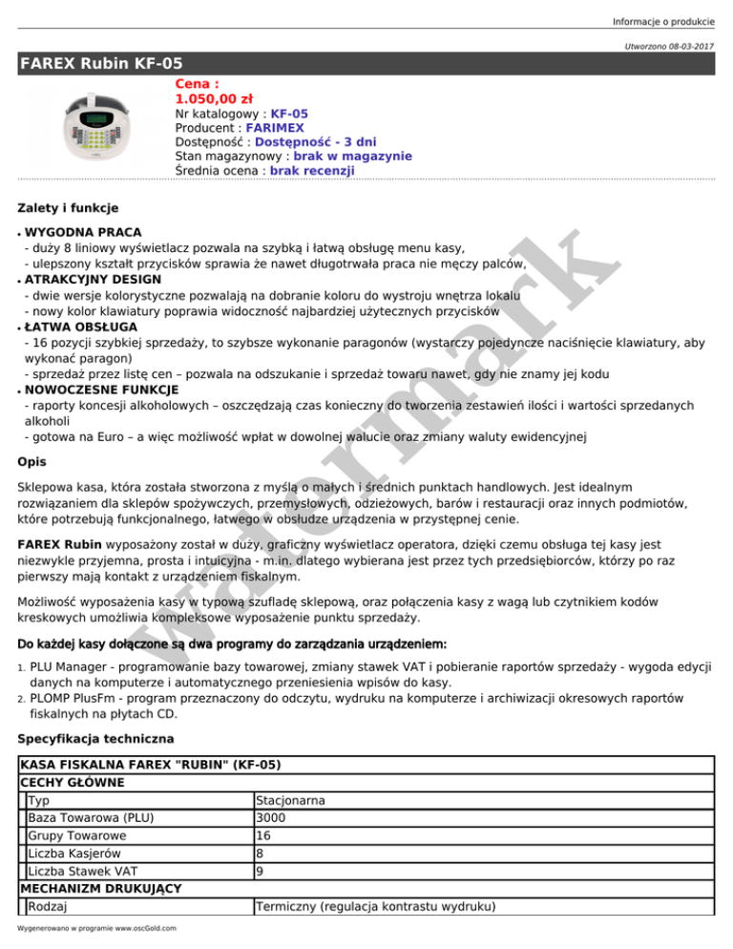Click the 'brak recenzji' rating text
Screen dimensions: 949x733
[312, 170]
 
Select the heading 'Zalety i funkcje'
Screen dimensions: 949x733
[68, 206]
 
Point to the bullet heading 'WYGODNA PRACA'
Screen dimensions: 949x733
[84, 232]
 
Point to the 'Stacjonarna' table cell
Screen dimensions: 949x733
[294, 800]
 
